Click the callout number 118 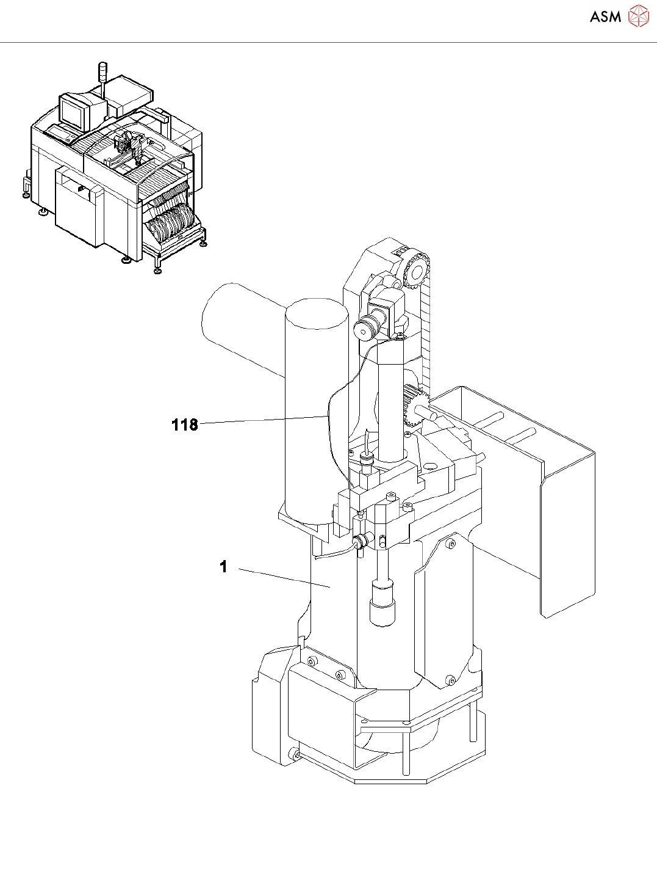pyautogui.click(x=184, y=424)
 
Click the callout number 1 pyautogui.click(x=223, y=567)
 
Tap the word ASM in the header pyautogui.click(x=605, y=17)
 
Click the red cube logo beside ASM pyautogui.click(x=639, y=16)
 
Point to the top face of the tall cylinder pyautogui.click(x=316, y=313)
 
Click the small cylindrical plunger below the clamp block pyautogui.click(x=382, y=605)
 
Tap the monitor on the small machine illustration pyautogui.click(x=74, y=112)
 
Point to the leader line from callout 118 pyautogui.click(x=262, y=420)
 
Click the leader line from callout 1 pyautogui.click(x=284, y=578)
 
